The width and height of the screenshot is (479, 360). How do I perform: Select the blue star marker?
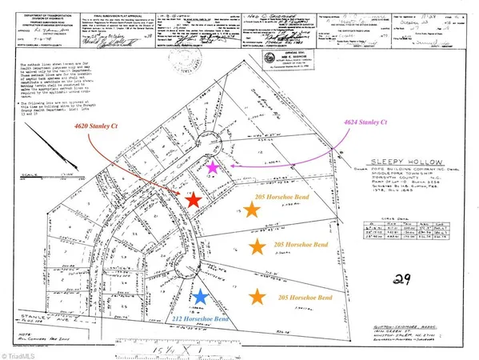click(x=200, y=298)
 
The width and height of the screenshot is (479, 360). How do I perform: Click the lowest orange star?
click(x=257, y=298)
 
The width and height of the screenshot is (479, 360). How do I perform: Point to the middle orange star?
click(x=257, y=246)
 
